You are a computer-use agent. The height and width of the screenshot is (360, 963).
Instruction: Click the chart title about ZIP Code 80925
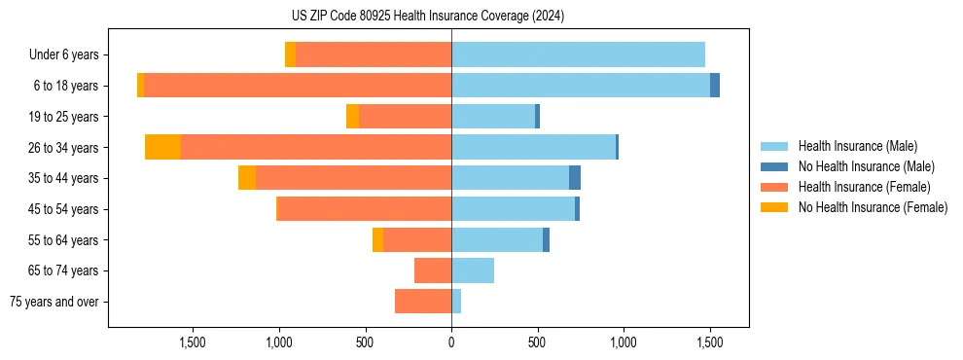(427, 16)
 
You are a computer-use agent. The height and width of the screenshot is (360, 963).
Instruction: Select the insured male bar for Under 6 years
(578, 54)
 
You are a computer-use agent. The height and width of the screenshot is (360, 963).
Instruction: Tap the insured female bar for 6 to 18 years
(298, 86)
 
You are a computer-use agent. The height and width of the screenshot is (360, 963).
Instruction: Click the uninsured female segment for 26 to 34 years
(162, 147)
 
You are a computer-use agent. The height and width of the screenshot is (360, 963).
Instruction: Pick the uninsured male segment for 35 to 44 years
(575, 178)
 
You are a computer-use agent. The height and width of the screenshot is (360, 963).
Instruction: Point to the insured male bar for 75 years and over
(456, 302)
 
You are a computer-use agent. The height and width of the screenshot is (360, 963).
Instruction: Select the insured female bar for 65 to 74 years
(433, 270)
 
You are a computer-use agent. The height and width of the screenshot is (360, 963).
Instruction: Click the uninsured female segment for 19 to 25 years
(352, 117)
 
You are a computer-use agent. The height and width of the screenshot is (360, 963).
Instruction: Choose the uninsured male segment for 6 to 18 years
(715, 86)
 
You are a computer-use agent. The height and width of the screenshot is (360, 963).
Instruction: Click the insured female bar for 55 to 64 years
(417, 239)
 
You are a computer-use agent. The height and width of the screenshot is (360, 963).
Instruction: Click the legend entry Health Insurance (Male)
(857, 146)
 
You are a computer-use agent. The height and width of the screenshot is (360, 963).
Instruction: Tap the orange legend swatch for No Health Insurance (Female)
(774, 207)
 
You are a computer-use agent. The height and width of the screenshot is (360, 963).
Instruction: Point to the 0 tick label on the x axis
(451, 342)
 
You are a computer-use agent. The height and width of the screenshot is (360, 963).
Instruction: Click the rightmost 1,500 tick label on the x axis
(709, 342)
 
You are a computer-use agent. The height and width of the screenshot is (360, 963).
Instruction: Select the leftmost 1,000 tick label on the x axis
(279, 342)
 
